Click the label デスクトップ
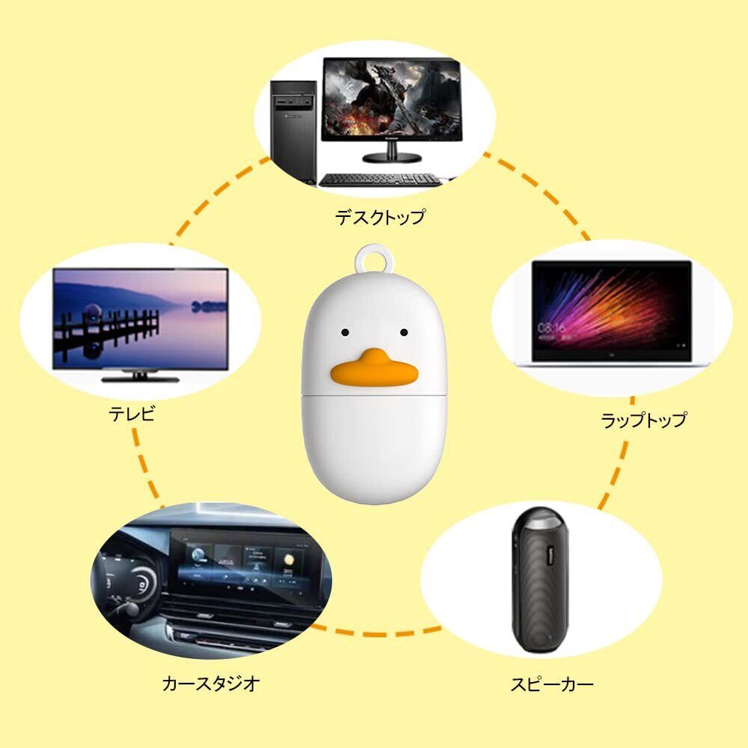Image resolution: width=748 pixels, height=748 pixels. click(379, 218)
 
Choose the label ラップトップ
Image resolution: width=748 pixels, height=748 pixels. click(643, 420)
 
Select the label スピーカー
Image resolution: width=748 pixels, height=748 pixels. click(553, 683)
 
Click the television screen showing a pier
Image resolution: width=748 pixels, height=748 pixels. click(140, 318)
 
